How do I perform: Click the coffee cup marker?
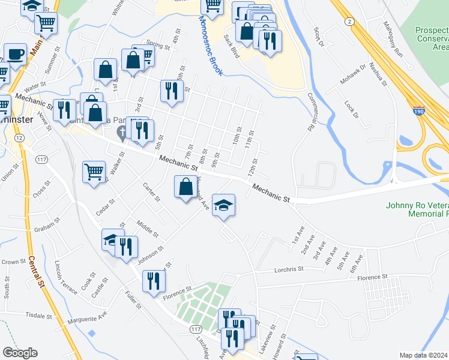(x=16, y=54)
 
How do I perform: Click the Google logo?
(x=20, y=353)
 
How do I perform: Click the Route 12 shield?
(x=20, y=139)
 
